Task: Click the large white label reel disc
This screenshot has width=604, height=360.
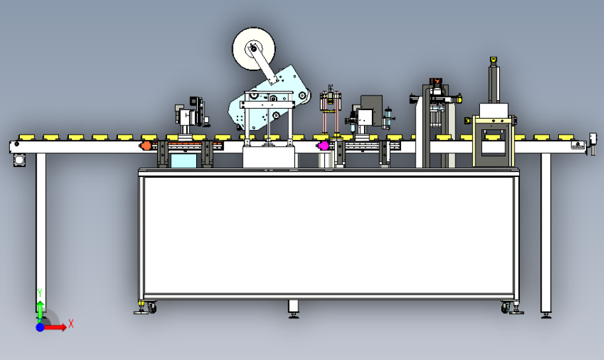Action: pos(253,49)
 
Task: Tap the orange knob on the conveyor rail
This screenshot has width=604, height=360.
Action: pos(145,146)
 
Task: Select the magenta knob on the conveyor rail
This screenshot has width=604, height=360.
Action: pos(323,146)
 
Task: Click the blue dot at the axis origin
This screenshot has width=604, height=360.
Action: pos(40,328)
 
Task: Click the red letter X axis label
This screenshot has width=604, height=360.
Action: pos(71,324)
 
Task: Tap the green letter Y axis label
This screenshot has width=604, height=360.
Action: pos(40,293)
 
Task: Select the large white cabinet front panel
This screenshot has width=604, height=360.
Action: pos(329,235)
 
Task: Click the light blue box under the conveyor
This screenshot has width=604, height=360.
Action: pos(184,160)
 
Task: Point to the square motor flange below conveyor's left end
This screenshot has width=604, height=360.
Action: pos(19,160)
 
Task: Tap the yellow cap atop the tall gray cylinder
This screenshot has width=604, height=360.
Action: pos(493,60)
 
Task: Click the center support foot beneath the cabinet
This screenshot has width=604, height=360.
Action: pos(294,309)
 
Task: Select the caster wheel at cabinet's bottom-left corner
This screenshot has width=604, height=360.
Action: pos(152,308)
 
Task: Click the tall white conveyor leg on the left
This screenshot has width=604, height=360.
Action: pos(41,231)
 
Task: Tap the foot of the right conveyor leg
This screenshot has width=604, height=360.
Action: pos(546,316)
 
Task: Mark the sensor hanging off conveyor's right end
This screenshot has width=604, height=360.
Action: pos(593,143)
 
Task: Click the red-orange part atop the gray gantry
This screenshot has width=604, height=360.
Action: pos(436,81)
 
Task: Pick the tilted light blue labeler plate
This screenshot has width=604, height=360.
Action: pos(270,98)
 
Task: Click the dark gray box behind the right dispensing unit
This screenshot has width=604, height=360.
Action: pos(372,110)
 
